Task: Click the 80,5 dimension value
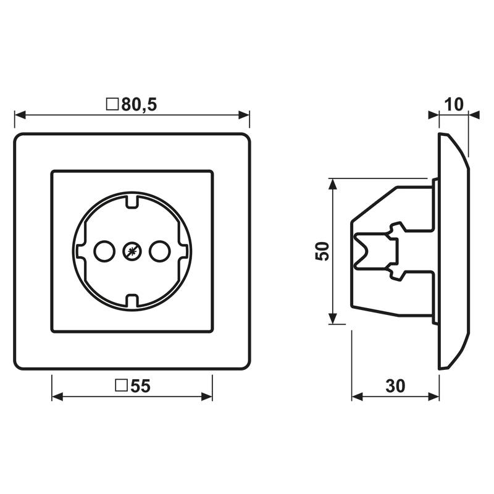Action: pyautogui.click(x=139, y=104)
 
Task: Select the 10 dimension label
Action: pyautogui.click(x=454, y=104)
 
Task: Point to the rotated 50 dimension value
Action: pyautogui.click(x=322, y=251)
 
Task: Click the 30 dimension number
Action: pyautogui.click(x=395, y=385)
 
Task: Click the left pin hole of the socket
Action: pyautogui.click(x=104, y=251)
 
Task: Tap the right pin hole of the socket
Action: pyautogui.click(x=160, y=251)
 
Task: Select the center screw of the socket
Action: pyautogui.click(x=132, y=251)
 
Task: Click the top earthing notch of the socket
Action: pyautogui.click(x=132, y=202)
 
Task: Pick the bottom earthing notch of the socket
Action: pyautogui.click(x=132, y=300)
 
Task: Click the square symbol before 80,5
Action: pyautogui.click(x=112, y=104)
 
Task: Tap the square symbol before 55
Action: pyautogui.click(x=121, y=385)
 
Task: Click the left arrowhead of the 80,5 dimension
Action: pyautogui.click(x=20, y=115)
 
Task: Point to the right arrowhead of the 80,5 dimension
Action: pyautogui.click(x=244, y=115)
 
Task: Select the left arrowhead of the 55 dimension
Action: pyautogui.click(x=57, y=396)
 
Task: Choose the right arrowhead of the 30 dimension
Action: pyautogui.click(x=433, y=396)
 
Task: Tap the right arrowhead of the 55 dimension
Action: pyautogui.click(x=207, y=396)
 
